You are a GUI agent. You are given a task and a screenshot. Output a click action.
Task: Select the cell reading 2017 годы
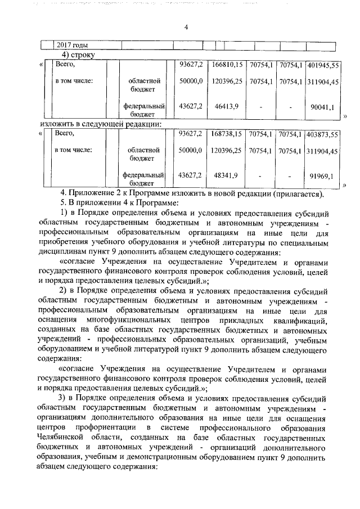[74, 46]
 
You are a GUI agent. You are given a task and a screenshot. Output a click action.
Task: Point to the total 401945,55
[323, 66]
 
